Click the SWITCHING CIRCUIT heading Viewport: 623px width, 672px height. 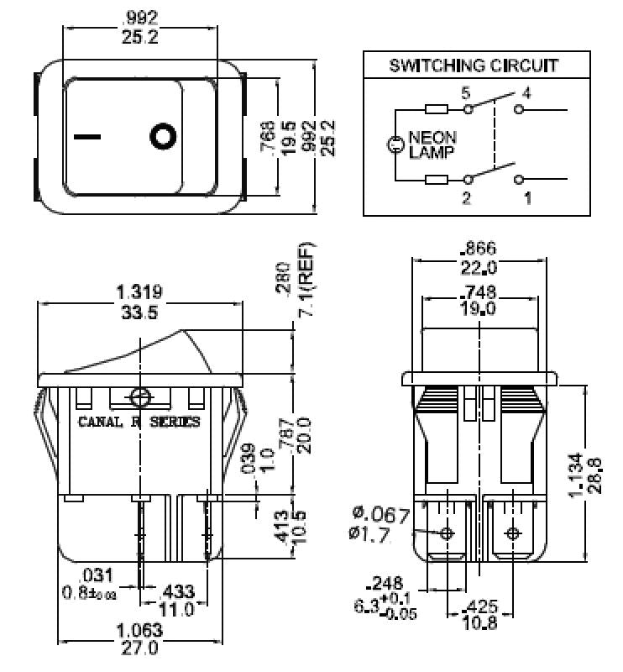point(474,66)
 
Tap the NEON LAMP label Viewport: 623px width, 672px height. point(432,145)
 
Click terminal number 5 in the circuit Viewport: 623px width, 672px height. point(465,92)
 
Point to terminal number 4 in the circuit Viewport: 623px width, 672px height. point(526,92)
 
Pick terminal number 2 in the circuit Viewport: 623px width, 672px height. point(465,198)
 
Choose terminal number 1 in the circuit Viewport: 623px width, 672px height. point(527,198)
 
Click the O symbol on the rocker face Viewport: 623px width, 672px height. point(162,135)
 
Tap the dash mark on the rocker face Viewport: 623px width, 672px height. point(86,135)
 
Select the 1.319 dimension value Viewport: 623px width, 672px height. point(139,292)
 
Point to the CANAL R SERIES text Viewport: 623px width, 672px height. point(139,422)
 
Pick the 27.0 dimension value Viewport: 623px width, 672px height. point(139,647)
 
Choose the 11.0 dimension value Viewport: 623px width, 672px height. point(177,608)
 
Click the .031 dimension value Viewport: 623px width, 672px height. point(97,575)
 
